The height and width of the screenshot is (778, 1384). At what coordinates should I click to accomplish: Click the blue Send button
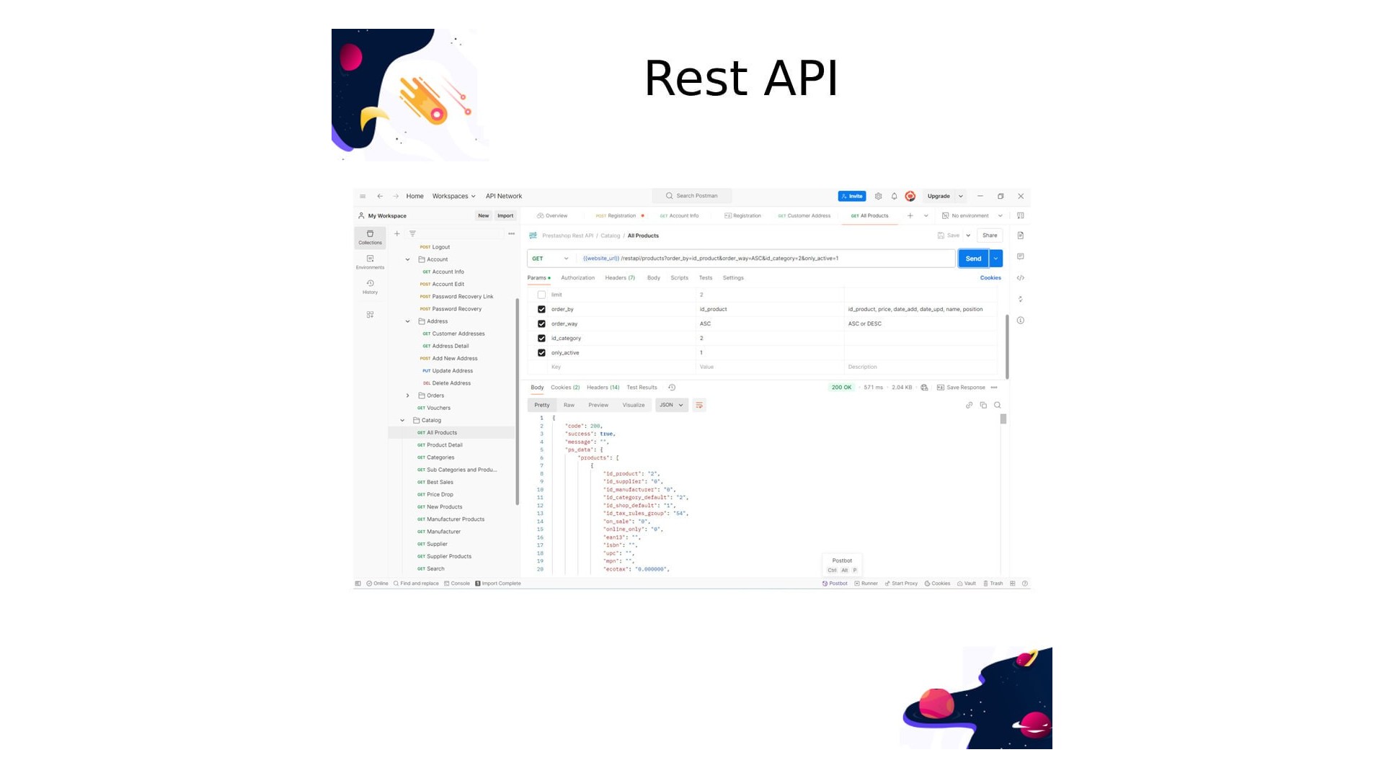point(972,259)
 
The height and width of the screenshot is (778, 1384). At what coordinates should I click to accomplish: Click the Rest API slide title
point(740,78)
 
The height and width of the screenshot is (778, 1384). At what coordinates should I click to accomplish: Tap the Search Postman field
point(693,196)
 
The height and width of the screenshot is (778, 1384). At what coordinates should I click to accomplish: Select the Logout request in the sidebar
point(440,247)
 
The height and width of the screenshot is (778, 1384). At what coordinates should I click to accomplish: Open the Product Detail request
point(444,445)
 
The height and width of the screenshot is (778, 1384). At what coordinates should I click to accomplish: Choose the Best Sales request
point(440,483)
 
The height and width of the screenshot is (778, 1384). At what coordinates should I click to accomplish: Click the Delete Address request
point(451,383)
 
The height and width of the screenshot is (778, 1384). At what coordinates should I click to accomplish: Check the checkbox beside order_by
point(541,309)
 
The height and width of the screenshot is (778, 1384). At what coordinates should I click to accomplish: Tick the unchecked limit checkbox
point(541,295)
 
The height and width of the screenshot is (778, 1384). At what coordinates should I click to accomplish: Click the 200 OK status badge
point(841,388)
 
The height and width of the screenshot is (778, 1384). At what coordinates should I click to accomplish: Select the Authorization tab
point(577,278)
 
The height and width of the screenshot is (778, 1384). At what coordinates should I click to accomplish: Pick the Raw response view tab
point(569,406)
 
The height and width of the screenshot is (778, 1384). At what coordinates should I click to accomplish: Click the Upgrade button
point(939,196)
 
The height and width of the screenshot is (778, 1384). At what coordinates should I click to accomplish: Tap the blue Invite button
point(851,196)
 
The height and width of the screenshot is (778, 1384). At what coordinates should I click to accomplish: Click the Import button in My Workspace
point(505,216)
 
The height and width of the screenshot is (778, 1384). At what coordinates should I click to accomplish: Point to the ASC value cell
point(705,324)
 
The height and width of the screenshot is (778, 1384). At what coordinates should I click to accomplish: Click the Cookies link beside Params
point(990,278)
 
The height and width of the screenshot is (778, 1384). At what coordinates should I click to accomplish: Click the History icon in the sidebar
point(370,286)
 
